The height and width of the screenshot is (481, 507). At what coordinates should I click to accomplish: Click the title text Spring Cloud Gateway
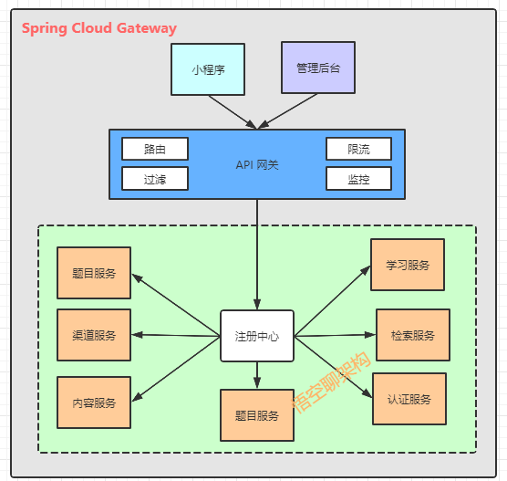click(99, 28)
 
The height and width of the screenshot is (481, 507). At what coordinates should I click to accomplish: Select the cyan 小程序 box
click(208, 68)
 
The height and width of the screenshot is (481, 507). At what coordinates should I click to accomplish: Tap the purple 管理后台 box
click(319, 68)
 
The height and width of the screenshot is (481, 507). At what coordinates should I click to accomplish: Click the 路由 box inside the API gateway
click(154, 149)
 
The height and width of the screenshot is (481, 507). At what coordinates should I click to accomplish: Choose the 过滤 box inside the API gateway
click(154, 178)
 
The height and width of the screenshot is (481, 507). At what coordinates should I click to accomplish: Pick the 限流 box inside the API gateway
click(358, 149)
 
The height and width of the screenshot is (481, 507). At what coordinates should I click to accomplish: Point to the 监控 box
click(358, 178)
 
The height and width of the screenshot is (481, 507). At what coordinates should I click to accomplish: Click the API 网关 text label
click(257, 164)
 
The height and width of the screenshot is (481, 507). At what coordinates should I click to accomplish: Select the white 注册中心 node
click(256, 336)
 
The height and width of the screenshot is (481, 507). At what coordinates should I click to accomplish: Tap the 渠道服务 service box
click(94, 335)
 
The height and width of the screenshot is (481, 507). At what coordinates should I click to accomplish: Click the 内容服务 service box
click(94, 403)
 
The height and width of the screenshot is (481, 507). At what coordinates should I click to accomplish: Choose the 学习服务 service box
click(408, 265)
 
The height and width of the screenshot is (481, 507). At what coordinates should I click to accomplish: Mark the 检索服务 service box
click(413, 335)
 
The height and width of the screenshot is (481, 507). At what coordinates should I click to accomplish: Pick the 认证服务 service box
click(409, 399)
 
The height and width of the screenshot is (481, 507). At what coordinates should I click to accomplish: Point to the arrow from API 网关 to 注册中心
click(257, 256)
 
